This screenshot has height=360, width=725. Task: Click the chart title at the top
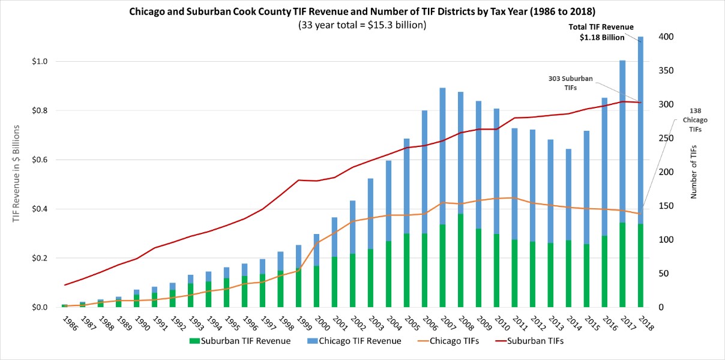(x=362, y=11)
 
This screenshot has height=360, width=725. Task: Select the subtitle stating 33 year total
(x=362, y=25)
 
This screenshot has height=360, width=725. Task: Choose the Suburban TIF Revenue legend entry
(x=239, y=341)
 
